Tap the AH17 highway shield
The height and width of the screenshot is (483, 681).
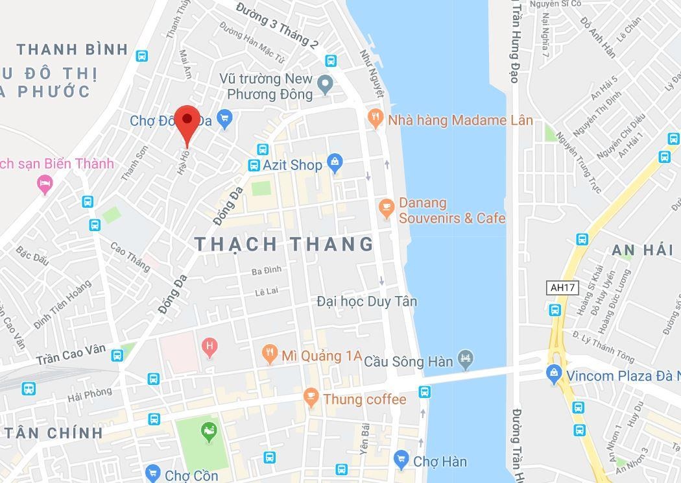pyautogui.click(x=562, y=287)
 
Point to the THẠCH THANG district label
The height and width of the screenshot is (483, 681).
pyautogui.click(x=285, y=244)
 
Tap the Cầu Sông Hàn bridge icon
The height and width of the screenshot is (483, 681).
pyautogui.click(x=465, y=358)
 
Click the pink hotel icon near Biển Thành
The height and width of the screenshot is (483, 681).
pyautogui.click(x=45, y=184)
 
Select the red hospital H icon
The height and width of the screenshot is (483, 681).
pyautogui.click(x=209, y=346)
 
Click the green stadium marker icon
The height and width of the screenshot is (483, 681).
pyautogui.click(x=208, y=431)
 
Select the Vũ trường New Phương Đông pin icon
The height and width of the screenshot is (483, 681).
pyautogui.click(x=324, y=82)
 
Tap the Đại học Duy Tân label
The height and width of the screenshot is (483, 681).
pyautogui.click(x=367, y=301)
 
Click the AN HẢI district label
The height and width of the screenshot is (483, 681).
pyautogui.click(x=642, y=251)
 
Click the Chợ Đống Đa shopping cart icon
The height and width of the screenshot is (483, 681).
pyautogui.click(x=224, y=118)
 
